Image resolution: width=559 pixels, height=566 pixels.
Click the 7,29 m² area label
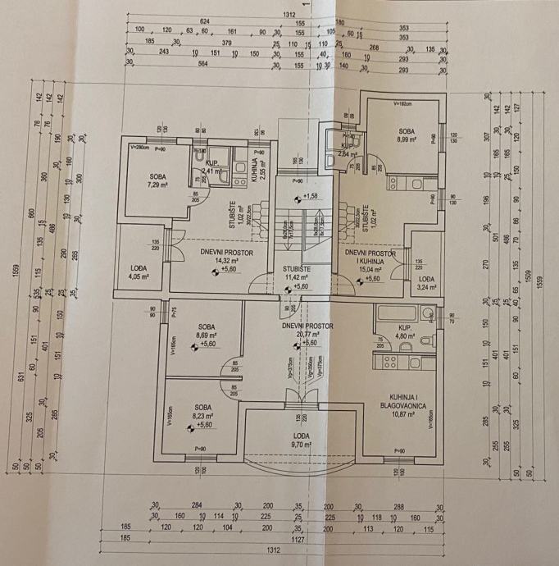click(157, 185)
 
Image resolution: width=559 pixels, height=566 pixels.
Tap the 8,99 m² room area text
click(406, 140)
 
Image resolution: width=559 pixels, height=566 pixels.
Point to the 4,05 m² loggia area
click(138, 276)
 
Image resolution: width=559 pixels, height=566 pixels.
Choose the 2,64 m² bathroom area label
click(347, 153)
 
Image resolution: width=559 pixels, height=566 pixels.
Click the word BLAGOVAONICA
click(401, 404)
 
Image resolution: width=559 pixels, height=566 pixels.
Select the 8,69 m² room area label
click(204, 335)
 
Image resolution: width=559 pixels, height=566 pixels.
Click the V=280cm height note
click(143, 148)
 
